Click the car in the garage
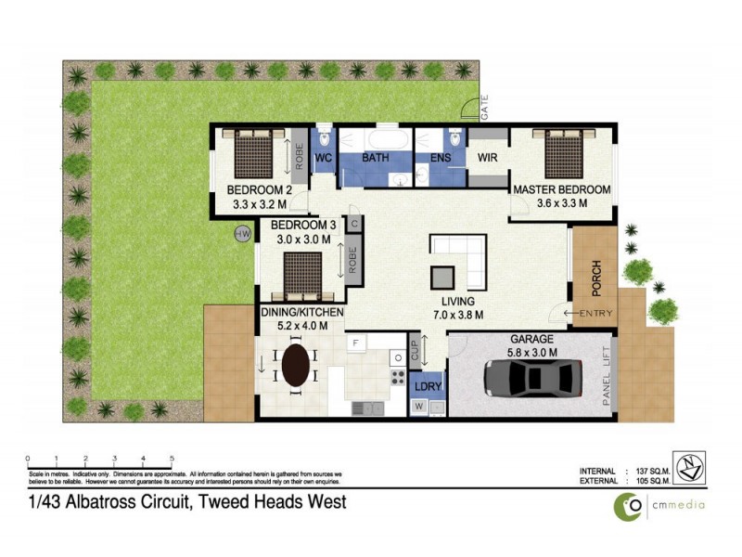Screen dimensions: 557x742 [533, 379]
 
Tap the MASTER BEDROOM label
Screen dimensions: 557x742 [562, 190]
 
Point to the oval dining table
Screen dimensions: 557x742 [296, 365]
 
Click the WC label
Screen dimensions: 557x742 [324, 158]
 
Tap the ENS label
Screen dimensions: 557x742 [440, 158]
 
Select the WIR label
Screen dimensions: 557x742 [488, 158]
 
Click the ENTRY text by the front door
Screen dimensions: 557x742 [595, 314]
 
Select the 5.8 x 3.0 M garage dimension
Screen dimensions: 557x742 [532, 352]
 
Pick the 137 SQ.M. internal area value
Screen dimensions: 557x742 [653, 471]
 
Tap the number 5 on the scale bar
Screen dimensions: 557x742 [172, 459]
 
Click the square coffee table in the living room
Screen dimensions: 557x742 [443, 278]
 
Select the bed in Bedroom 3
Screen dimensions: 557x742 [302, 272]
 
